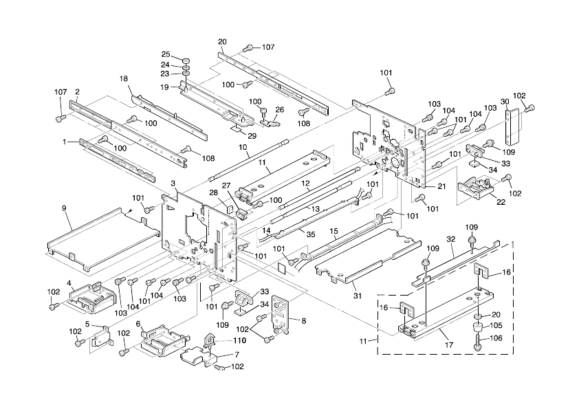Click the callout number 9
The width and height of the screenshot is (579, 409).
[x=64, y=208]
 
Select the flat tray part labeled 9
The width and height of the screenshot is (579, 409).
[x=103, y=237]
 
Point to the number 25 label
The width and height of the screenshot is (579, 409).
[x=166, y=54]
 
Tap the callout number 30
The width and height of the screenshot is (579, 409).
[x=505, y=101]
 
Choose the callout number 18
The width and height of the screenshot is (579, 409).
[x=124, y=79]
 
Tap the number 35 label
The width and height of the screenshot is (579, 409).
[x=311, y=234]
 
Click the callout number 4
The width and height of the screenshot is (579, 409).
[x=69, y=282]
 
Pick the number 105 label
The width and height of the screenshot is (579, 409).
[x=494, y=325]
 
